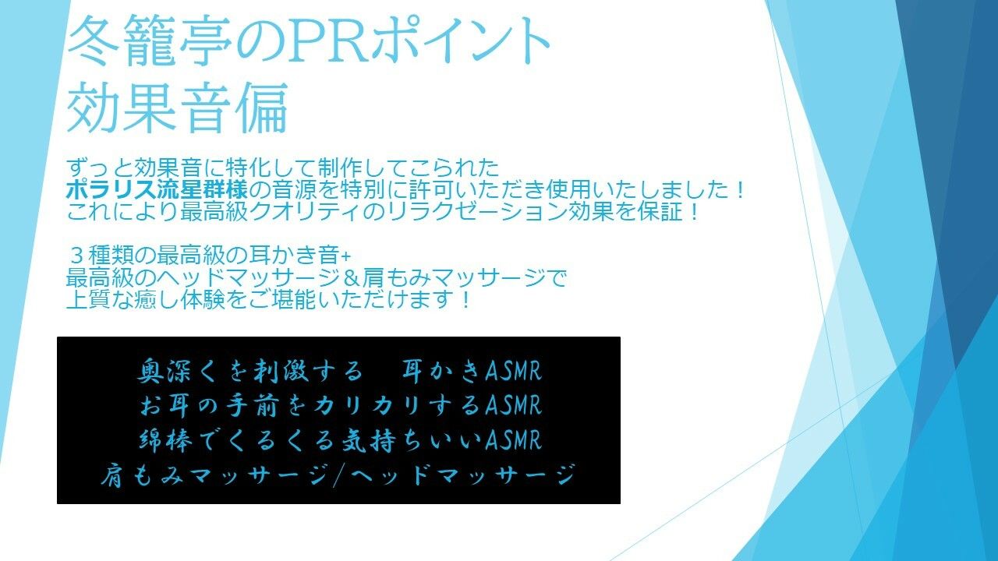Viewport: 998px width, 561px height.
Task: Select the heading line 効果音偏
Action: (178, 107)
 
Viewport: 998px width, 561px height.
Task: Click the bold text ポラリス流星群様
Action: (162, 189)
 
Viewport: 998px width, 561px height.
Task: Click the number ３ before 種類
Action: (77, 256)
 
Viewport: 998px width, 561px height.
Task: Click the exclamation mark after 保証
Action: (690, 211)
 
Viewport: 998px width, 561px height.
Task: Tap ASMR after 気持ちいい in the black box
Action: (512, 440)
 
